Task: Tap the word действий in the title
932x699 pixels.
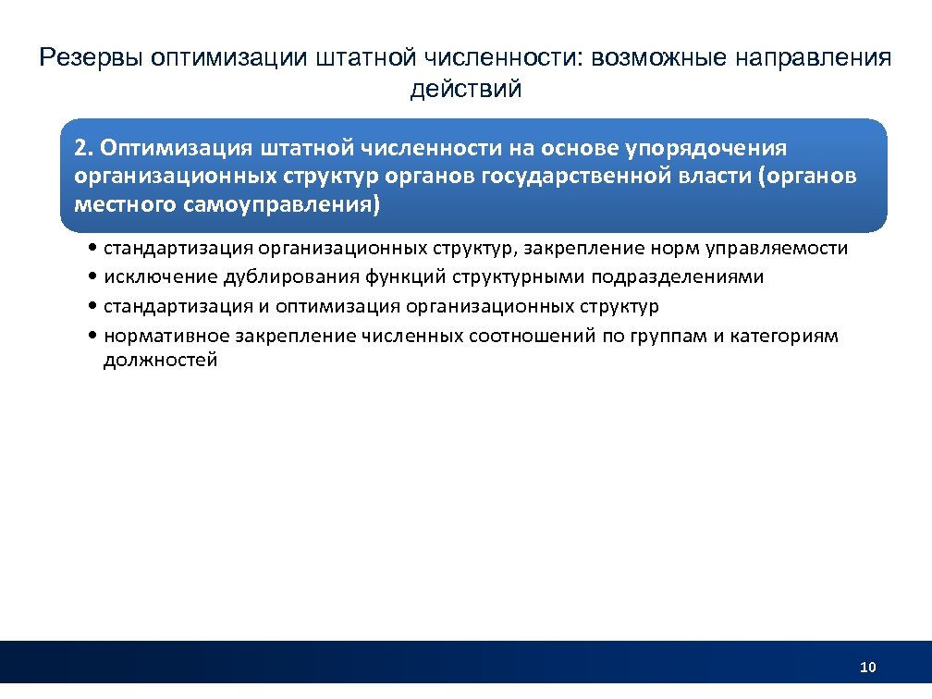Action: click(x=466, y=90)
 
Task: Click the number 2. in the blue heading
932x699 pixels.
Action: click(x=84, y=148)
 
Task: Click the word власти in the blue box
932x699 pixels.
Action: click(x=715, y=176)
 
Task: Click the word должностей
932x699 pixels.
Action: click(x=160, y=360)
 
